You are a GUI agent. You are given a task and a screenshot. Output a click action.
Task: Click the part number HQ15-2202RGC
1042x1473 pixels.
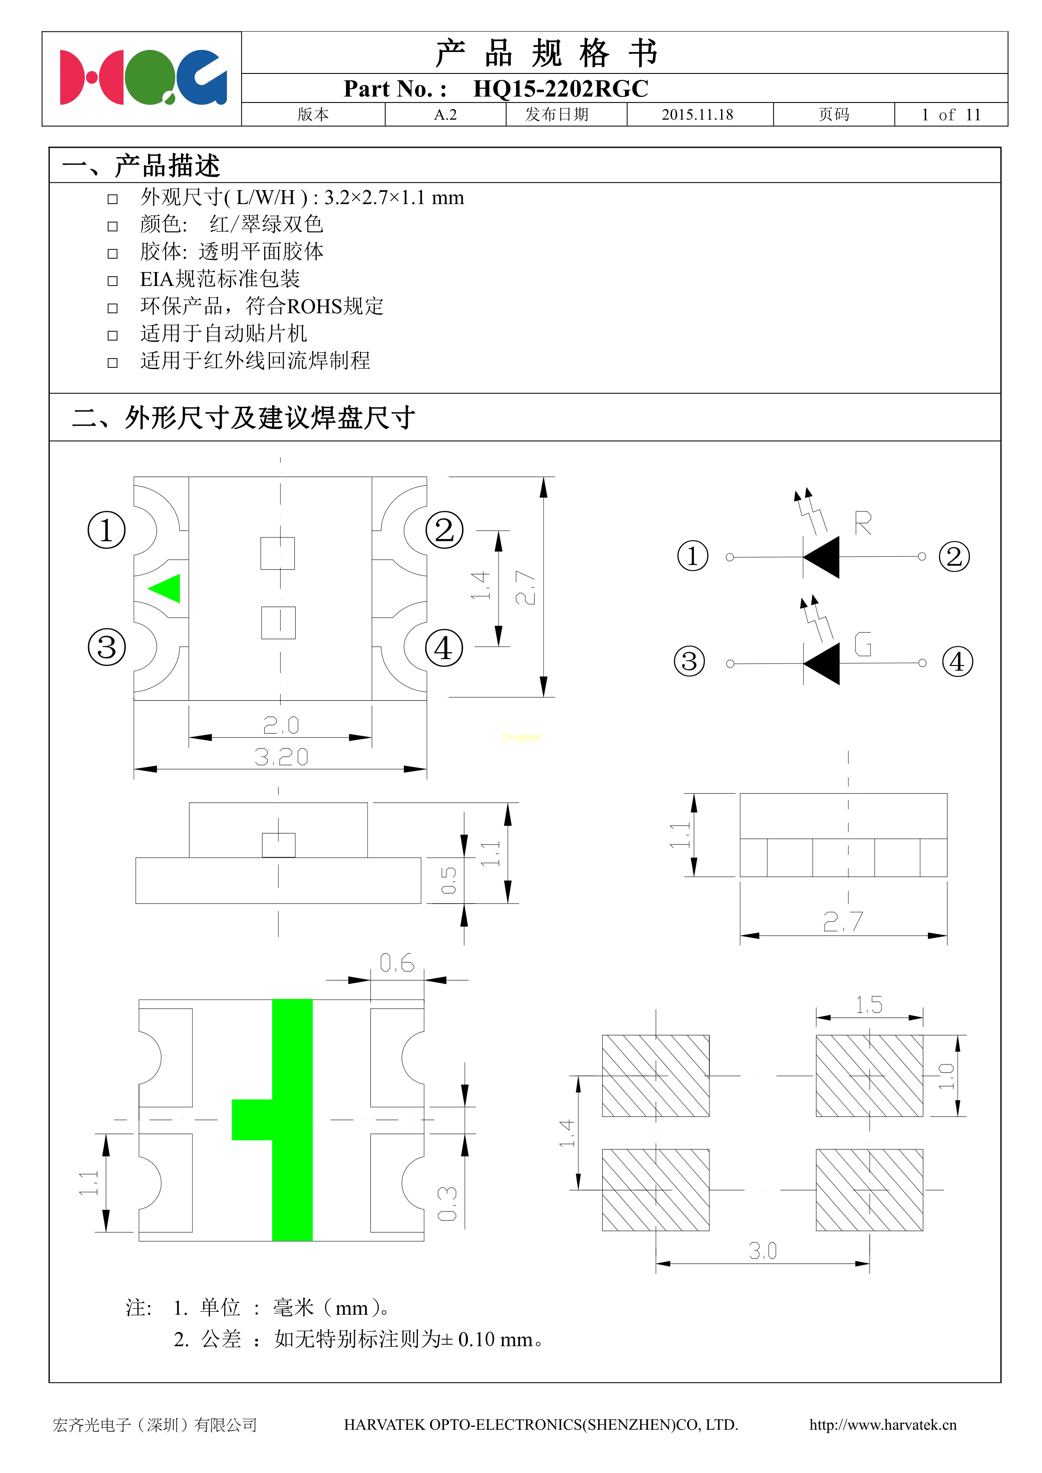560,89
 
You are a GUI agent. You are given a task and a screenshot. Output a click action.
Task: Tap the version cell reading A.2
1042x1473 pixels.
445,115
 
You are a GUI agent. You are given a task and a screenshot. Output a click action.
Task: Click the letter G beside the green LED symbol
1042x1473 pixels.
863,644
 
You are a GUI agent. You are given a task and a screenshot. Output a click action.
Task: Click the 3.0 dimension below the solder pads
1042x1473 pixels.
762,1250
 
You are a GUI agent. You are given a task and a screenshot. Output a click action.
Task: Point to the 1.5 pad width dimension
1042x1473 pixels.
869,1005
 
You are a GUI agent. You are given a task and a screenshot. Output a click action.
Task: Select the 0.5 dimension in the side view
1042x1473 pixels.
449,880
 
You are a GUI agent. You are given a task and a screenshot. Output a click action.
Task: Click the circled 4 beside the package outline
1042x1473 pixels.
444,648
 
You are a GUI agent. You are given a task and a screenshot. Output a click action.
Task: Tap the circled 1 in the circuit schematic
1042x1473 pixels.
692,556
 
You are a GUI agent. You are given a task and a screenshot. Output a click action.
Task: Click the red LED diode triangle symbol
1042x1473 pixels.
823,557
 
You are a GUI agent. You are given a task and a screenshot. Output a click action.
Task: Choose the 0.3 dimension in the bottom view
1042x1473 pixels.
447,1203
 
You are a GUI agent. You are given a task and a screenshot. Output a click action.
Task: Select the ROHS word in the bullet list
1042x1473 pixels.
314,307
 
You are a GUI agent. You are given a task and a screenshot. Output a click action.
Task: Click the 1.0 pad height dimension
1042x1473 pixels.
946,1076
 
